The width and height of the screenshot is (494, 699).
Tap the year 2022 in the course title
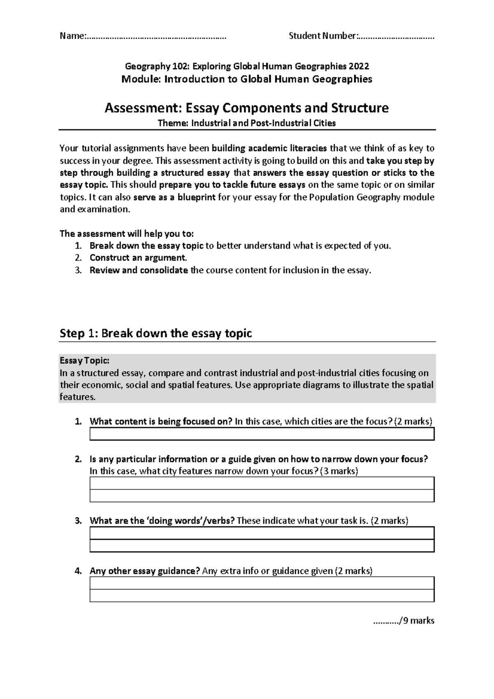click(359, 66)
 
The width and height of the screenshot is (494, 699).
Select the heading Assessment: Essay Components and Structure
click(247, 108)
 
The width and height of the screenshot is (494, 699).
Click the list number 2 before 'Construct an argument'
click(78, 258)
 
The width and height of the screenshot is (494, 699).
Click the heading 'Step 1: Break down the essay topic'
click(156, 333)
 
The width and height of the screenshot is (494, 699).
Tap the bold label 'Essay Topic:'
click(85, 361)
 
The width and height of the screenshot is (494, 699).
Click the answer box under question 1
click(262, 434)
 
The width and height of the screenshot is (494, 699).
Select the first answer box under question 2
click(262, 483)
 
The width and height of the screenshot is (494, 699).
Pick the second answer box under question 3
click(262, 546)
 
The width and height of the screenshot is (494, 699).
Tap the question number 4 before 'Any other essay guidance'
click(78, 571)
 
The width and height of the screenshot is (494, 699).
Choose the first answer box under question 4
click(262, 583)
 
